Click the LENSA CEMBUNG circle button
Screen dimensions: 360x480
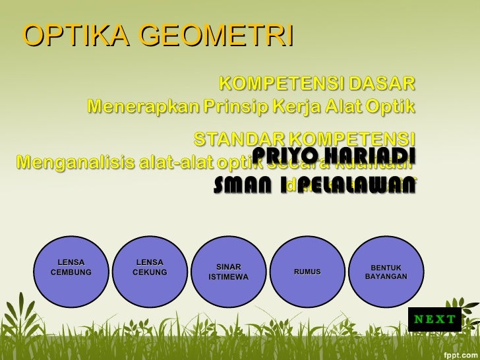coord(71,268)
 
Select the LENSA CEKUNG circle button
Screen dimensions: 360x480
coord(150,268)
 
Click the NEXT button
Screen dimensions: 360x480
coord(435,320)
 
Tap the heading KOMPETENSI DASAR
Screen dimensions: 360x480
coord(316,84)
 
